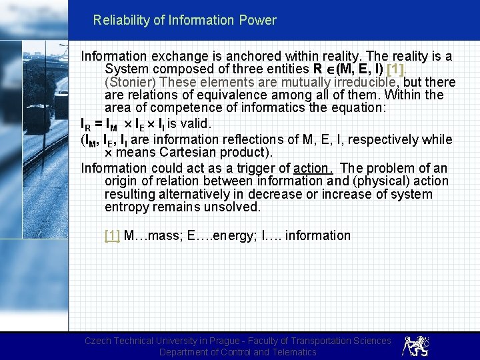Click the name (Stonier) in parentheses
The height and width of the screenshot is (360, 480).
coord(130,83)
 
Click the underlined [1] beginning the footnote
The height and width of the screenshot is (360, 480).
coord(112,235)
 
